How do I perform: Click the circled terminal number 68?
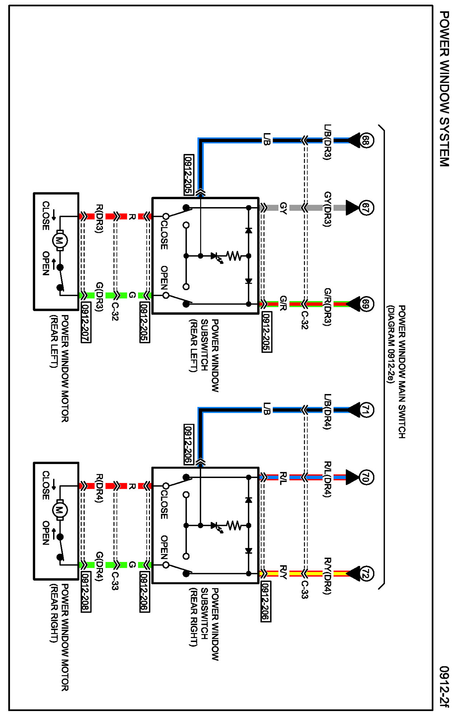coord(365,140)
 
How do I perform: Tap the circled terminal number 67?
coord(365,208)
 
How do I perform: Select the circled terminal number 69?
coord(365,304)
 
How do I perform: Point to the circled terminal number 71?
coord(365,410)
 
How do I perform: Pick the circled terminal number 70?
coord(365,477)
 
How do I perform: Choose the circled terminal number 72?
coord(365,573)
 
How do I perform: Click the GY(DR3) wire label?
coord(327,209)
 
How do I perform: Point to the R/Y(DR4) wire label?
coord(327,576)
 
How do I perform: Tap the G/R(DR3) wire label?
coord(327,307)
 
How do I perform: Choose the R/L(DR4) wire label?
coord(327,479)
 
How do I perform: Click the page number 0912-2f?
coord(444,686)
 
